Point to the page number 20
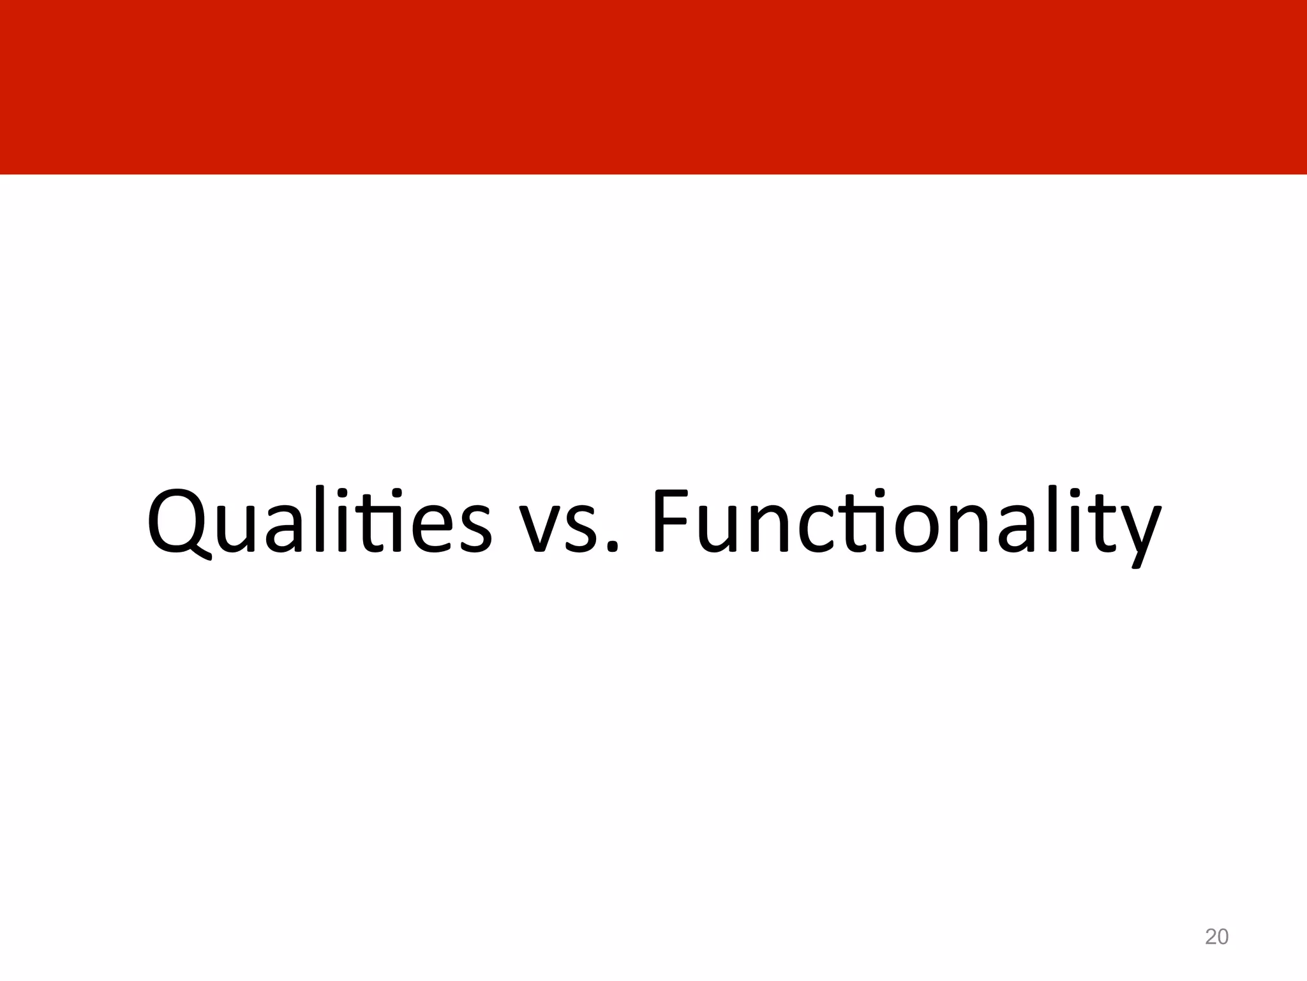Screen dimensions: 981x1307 (x=1216, y=937)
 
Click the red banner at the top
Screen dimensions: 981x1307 (x=653, y=87)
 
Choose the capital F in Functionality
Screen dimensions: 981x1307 (x=673, y=520)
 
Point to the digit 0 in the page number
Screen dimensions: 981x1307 (x=1223, y=937)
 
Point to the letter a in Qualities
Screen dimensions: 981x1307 (x=289, y=530)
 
